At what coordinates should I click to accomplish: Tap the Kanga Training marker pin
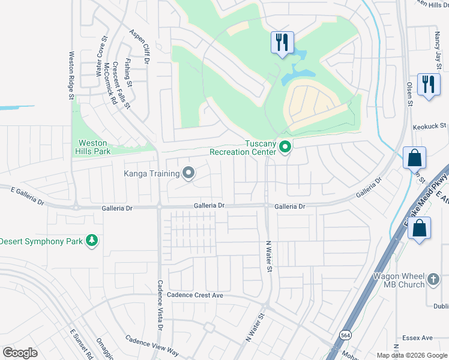(x=188, y=174)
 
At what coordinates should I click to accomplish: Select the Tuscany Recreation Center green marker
(x=286, y=146)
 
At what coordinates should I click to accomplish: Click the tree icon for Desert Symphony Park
(x=91, y=241)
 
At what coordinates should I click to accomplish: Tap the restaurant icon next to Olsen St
(x=428, y=84)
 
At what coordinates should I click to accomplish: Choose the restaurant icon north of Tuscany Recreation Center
(x=282, y=42)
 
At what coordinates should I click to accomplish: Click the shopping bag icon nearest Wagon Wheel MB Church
(x=420, y=229)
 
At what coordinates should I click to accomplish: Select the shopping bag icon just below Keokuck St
(x=414, y=158)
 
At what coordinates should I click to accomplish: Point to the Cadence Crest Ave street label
(x=186, y=295)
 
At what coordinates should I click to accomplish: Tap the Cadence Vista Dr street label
(x=160, y=305)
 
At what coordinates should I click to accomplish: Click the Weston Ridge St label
(x=71, y=75)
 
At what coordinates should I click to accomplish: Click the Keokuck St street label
(x=430, y=127)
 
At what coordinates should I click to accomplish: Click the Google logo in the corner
(x=20, y=353)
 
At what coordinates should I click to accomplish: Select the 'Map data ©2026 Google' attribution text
(x=411, y=355)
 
